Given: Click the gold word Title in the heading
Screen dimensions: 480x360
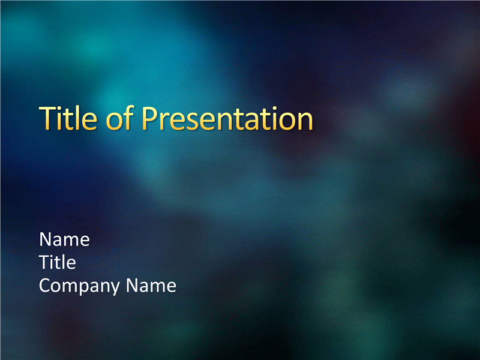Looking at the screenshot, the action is click(68, 118).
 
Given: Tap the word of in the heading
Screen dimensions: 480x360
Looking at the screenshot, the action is click(119, 118).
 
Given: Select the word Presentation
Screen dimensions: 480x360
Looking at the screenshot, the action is click(227, 118).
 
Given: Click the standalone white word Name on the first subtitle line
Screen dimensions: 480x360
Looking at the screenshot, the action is click(65, 239).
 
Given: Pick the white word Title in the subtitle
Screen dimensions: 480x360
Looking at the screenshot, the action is click(58, 262).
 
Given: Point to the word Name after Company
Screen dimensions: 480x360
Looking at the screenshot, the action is click(151, 286).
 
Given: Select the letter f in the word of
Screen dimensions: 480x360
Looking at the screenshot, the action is click(129, 118).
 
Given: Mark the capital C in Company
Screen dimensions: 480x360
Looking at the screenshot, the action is click(45, 286).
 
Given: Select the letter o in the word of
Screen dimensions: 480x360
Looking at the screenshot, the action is click(114, 122).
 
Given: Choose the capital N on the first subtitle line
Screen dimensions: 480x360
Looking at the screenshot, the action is click(46, 239).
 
